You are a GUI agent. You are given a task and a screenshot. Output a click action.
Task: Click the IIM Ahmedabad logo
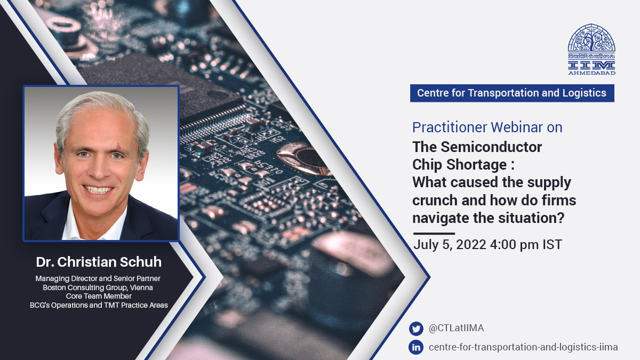[591, 48]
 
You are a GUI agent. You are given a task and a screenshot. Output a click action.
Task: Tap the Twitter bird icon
[415, 329]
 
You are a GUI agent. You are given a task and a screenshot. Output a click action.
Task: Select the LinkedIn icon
[415, 347]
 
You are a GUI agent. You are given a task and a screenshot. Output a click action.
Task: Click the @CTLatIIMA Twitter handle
[456, 329]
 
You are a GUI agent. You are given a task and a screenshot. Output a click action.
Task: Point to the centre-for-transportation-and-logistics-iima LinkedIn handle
[523, 347]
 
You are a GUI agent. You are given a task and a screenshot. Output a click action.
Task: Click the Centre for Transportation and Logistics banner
[511, 93]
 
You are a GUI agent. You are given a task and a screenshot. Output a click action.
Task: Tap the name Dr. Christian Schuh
[99, 262]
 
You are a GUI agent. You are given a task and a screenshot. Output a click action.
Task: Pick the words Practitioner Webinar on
[487, 127]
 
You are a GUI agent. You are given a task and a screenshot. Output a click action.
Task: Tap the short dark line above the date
[434, 234]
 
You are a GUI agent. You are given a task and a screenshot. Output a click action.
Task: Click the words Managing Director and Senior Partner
[98, 278]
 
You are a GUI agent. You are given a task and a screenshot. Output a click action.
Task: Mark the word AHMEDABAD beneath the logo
[591, 73]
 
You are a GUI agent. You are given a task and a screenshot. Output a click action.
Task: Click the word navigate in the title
[436, 218]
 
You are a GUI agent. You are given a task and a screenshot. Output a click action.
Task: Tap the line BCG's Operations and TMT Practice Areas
[99, 305]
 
